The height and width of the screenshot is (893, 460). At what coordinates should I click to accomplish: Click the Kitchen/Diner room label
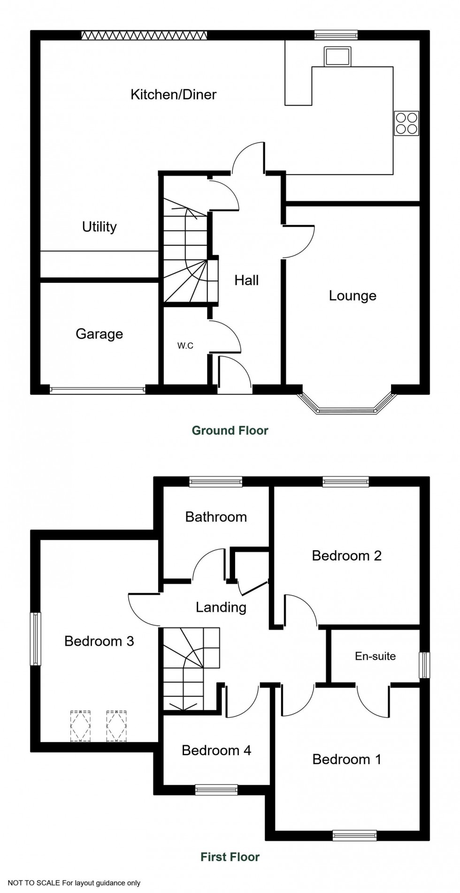tap(173, 94)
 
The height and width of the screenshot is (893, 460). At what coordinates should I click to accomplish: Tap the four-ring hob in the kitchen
tap(406, 123)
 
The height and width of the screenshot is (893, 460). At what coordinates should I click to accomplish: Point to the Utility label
tap(99, 227)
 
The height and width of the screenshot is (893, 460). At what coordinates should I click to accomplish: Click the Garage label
tap(99, 334)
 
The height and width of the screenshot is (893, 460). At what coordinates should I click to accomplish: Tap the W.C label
tap(185, 346)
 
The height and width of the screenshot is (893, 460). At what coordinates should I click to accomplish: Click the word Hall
tap(246, 280)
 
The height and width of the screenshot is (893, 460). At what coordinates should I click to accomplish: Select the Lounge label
tap(353, 296)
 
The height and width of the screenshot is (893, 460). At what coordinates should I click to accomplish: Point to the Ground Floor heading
tap(230, 431)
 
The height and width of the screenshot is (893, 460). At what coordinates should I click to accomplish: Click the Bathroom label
tap(216, 517)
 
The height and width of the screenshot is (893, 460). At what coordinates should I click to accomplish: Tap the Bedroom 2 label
tap(346, 556)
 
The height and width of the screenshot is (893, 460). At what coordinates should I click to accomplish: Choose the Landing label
tap(221, 607)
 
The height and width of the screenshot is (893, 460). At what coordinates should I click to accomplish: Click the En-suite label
tap(375, 656)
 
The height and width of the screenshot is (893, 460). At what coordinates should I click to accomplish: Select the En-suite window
tap(424, 665)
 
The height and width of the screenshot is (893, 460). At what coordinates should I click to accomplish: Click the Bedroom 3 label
tap(99, 641)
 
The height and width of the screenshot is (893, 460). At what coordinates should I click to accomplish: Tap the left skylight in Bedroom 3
tap(80, 726)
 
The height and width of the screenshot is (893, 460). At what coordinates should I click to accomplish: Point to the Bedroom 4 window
tap(216, 790)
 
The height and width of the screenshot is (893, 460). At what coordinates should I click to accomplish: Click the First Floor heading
tap(230, 857)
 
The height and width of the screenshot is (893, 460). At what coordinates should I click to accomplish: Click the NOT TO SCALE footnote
tap(74, 883)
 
